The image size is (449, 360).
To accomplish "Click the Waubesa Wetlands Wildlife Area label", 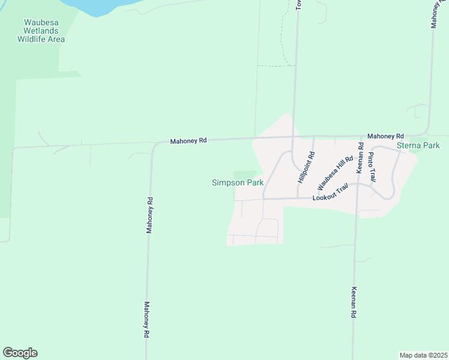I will pos(41,31).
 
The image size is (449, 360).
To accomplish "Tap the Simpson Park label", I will pos(238,183).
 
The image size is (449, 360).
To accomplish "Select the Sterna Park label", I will pos(418,146).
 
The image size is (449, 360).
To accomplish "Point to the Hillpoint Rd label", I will pos(306,168).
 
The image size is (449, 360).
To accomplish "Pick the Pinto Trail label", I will pos(372,167).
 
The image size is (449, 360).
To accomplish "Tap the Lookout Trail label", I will pos(330,197).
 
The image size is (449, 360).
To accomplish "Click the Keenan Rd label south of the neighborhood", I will pos(354,302).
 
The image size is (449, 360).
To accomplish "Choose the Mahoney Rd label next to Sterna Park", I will pos(385,136).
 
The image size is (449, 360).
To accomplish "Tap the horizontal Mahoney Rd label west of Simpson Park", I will pos(188,140).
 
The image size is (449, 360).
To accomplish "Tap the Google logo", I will pos(20,353).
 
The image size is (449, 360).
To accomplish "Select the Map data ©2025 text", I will pos(423,355).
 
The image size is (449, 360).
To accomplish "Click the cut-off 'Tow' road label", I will pos(298,5).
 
